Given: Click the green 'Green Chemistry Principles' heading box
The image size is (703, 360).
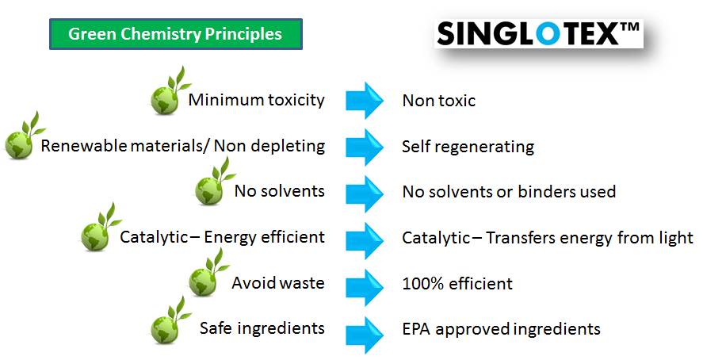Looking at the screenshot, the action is point(176,34).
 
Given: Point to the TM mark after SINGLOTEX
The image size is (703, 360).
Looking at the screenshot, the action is point(629,28).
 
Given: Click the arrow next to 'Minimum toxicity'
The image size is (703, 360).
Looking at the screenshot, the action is point(365,100).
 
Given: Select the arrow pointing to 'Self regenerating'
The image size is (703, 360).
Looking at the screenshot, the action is point(365,147).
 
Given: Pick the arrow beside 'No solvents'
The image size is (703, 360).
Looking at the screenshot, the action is point(365,193).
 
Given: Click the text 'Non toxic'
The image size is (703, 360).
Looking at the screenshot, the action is point(439,101).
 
